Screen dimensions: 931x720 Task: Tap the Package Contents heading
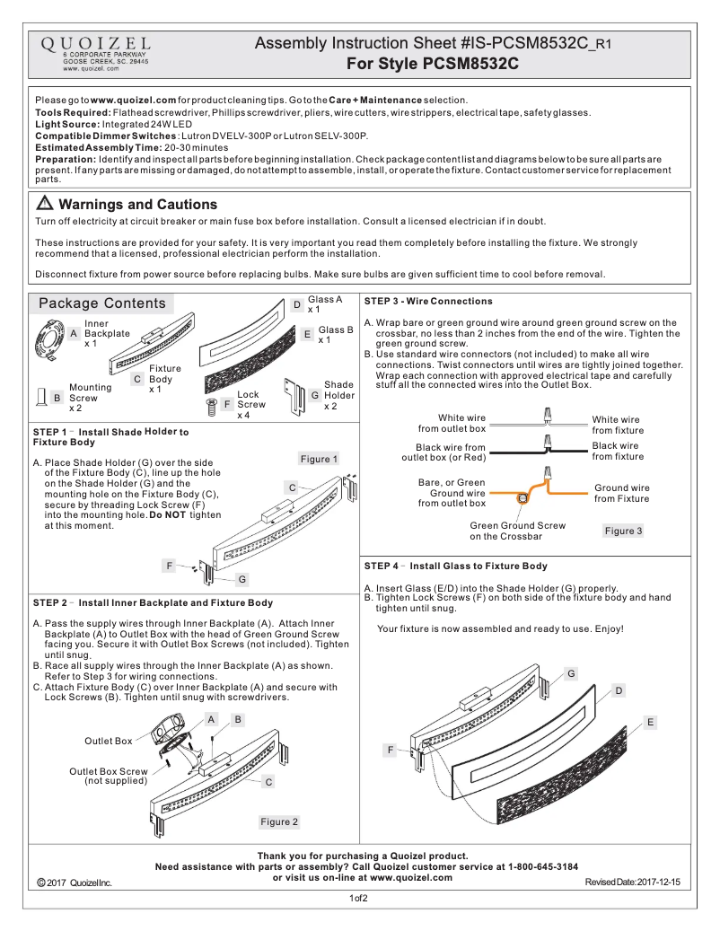102,303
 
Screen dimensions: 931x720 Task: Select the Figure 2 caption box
279,821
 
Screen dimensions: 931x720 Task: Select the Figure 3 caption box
623,531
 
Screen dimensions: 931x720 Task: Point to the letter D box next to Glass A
297,305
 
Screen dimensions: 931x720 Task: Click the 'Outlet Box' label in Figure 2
109,741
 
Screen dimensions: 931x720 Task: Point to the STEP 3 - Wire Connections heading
428,302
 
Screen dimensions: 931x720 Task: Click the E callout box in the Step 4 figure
650,722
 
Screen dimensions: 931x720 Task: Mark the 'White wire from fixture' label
616,425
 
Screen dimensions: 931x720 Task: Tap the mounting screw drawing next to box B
40,396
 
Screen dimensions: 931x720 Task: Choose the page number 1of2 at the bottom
359,899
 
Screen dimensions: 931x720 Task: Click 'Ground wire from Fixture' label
621,493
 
